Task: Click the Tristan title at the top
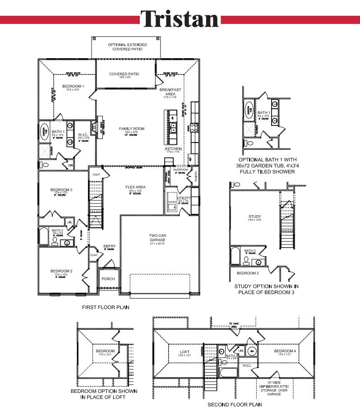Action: click(180, 19)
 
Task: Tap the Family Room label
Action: click(131, 129)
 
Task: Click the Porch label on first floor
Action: click(108, 279)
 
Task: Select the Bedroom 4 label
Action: click(285, 351)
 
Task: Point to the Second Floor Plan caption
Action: click(231, 405)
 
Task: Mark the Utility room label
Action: click(184, 198)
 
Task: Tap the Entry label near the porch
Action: click(110, 246)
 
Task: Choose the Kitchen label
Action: click(174, 149)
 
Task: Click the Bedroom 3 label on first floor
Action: click(61, 190)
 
